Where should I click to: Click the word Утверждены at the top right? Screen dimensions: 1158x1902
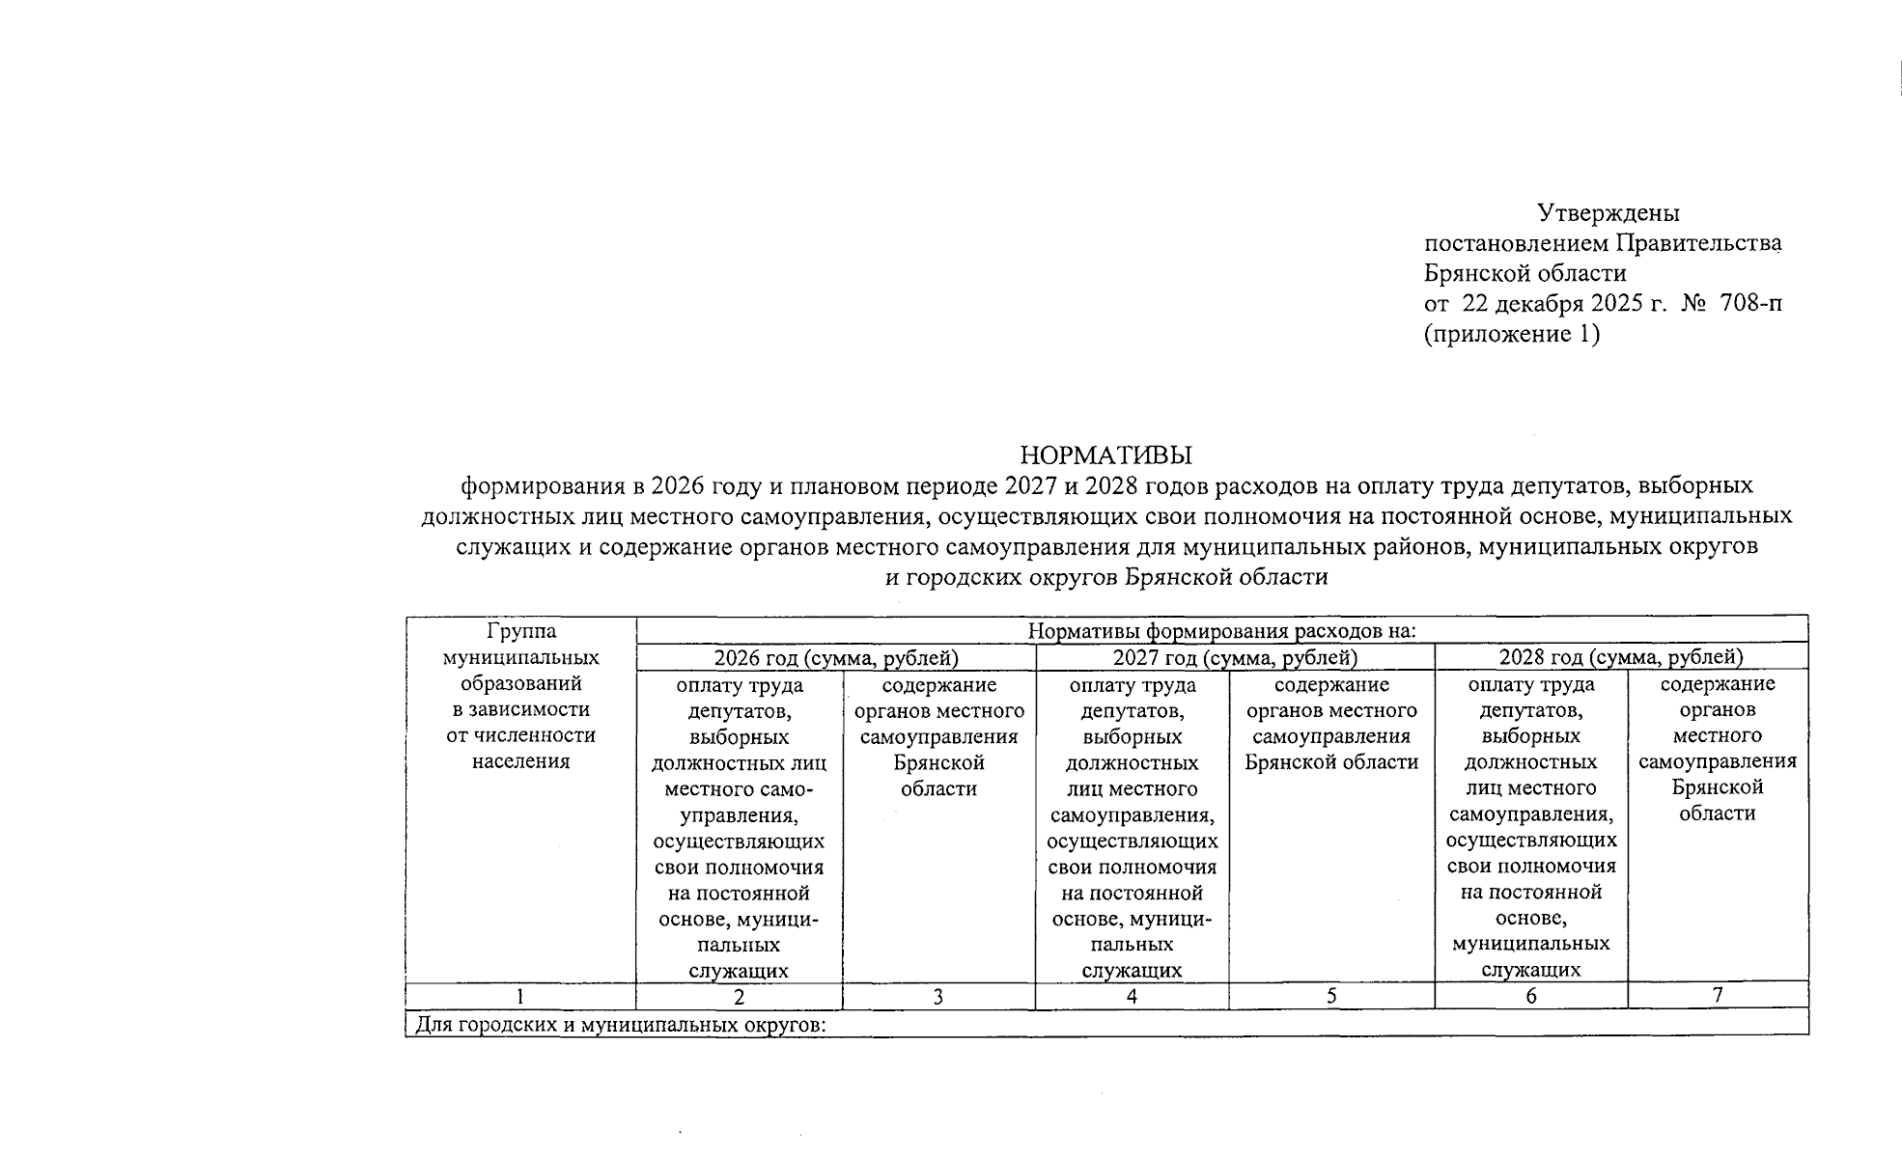click(1608, 212)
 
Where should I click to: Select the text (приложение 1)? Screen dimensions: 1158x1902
click(1512, 335)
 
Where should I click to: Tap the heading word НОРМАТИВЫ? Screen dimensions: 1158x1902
click(1106, 455)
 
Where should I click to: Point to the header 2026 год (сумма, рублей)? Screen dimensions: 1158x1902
click(835, 658)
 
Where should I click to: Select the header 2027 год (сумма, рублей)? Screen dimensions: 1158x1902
click(1235, 658)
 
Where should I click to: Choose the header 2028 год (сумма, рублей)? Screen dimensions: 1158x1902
click(1621, 658)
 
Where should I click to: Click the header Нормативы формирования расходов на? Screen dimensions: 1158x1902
click(1221, 632)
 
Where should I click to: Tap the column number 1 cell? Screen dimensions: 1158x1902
click(520, 997)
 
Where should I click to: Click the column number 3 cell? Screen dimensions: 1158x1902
click(937, 997)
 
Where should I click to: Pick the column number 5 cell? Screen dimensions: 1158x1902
click(1330, 996)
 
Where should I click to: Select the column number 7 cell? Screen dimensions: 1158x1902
click(1718, 995)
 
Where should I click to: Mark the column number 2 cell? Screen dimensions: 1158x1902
click(739, 997)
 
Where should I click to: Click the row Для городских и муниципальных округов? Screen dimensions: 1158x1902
click(621, 1025)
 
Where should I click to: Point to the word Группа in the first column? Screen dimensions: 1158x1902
click(521, 631)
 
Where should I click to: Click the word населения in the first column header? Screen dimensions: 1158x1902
click(521, 761)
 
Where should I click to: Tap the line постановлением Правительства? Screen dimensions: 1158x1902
click(1603, 243)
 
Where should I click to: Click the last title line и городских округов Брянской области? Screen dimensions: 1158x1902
click(1106, 578)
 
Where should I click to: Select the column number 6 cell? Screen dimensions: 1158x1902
click(1531, 996)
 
